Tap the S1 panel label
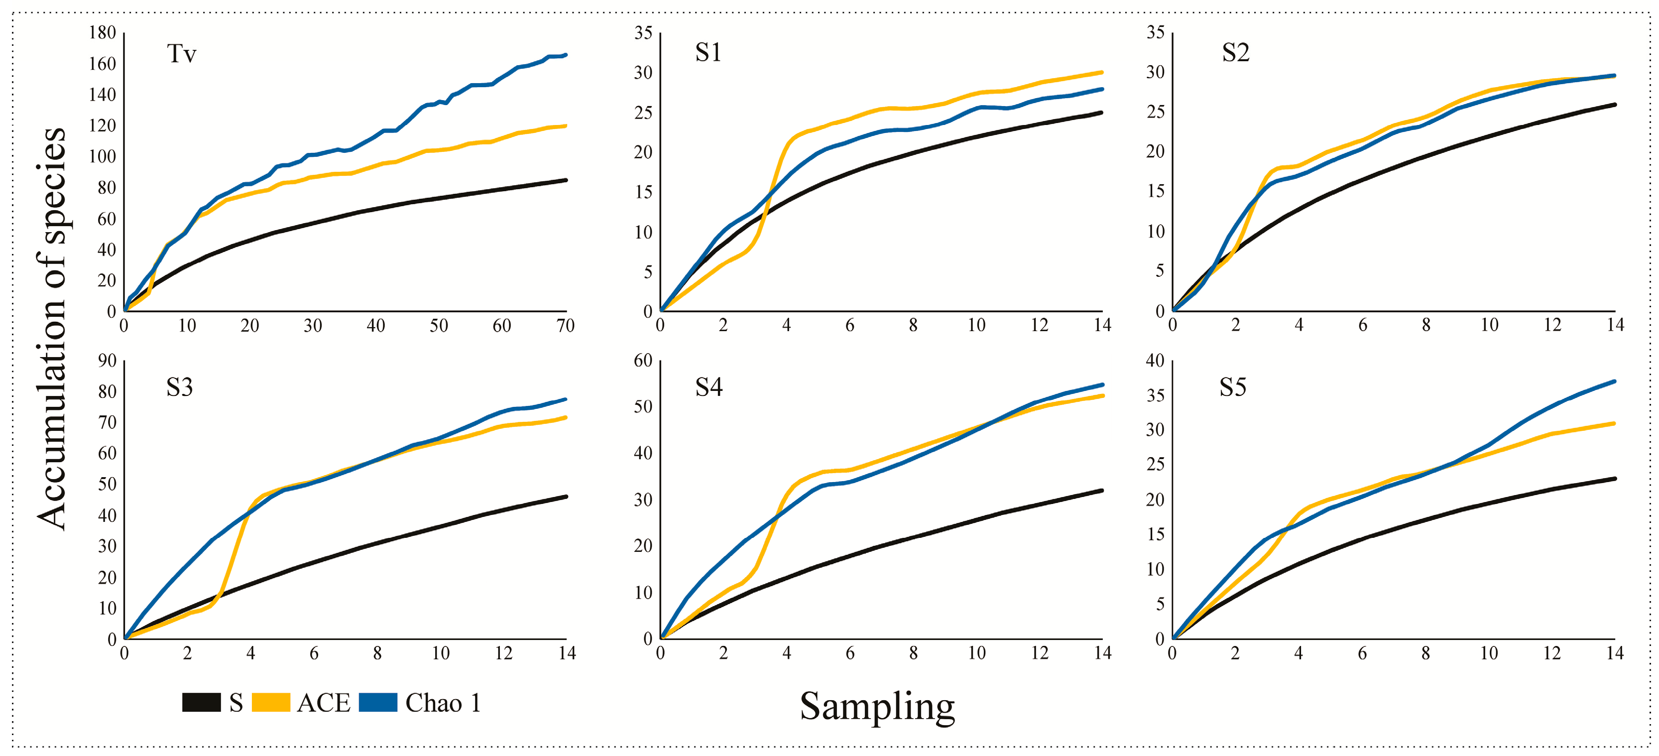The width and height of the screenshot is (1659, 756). (x=708, y=52)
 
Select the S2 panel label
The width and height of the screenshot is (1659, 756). (x=1235, y=52)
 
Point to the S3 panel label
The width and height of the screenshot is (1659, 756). (x=179, y=387)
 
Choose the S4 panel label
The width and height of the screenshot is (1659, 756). (x=709, y=387)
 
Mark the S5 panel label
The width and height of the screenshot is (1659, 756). (x=1233, y=387)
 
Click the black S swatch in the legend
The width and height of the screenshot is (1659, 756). (x=202, y=702)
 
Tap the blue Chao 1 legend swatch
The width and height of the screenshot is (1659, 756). (x=378, y=702)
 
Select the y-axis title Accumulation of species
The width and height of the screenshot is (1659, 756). (x=51, y=328)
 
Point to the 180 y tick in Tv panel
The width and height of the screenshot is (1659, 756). (x=103, y=32)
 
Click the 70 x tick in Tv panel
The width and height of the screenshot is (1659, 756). (x=566, y=326)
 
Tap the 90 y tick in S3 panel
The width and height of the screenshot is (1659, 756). (x=107, y=361)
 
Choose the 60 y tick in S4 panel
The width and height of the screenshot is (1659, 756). (x=643, y=361)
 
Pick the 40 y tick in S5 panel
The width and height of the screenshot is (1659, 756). (x=1155, y=361)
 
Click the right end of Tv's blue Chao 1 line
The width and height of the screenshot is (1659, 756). (x=566, y=55)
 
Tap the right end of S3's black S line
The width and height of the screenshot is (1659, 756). (x=566, y=497)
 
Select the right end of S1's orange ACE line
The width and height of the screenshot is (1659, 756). (x=1102, y=72)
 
